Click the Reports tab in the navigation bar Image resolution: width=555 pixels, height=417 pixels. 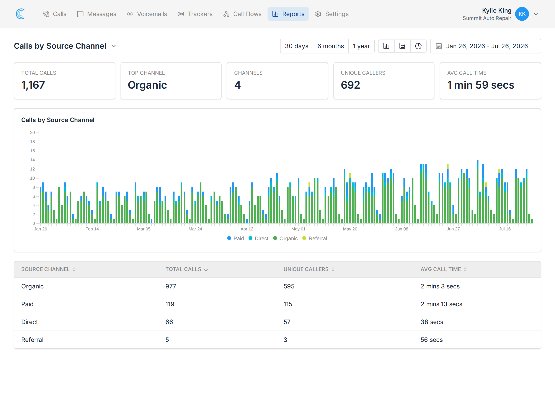(x=288, y=14)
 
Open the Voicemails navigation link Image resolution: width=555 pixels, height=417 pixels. (x=147, y=14)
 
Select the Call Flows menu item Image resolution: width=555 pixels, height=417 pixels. (x=242, y=14)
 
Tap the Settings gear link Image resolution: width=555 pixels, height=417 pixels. (x=332, y=14)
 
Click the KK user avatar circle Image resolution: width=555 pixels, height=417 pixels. (x=522, y=14)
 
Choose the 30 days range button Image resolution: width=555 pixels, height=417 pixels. (x=297, y=46)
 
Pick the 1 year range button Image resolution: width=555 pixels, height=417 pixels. (x=361, y=46)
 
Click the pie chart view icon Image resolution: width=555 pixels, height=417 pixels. (x=418, y=46)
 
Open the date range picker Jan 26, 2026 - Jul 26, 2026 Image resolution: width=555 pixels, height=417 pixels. (x=485, y=46)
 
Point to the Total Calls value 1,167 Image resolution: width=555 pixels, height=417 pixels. (x=33, y=85)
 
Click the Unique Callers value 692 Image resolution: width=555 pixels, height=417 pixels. (x=350, y=85)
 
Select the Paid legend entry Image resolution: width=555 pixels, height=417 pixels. (x=235, y=238)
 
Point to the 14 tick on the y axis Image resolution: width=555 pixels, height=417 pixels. (x=32, y=160)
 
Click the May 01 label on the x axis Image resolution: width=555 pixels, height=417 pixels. (x=299, y=229)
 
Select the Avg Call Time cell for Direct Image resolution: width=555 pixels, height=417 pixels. (x=432, y=322)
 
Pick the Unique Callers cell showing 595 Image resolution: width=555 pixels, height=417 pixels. (x=289, y=286)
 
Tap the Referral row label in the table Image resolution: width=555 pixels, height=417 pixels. (x=32, y=340)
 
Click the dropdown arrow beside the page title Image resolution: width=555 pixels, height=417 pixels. (x=114, y=46)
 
